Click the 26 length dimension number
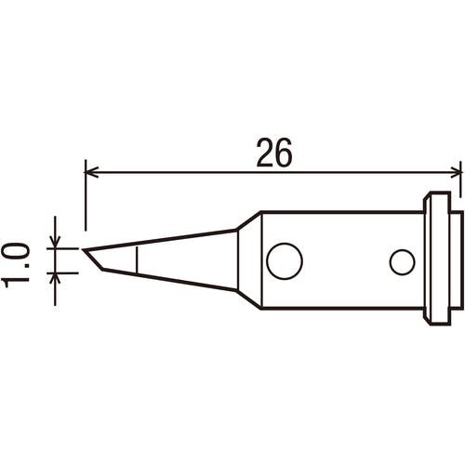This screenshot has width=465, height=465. [274, 153]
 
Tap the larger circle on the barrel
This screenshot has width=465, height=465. [285, 260]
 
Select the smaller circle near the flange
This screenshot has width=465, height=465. [402, 261]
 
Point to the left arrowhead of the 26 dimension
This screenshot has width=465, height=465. [92, 172]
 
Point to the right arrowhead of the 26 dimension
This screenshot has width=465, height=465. [454, 172]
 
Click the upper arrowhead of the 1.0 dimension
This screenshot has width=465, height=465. [55, 242]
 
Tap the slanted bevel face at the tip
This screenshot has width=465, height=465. [93, 259]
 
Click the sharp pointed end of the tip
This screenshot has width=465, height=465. [83, 249]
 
